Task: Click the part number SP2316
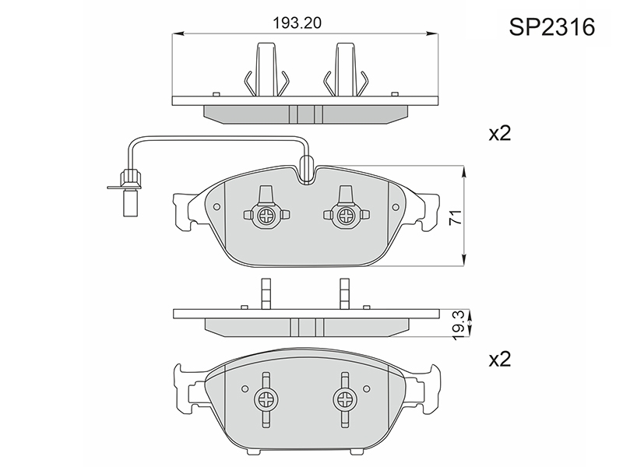pyautogui.click(x=552, y=27)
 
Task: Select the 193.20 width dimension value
pyautogui.click(x=297, y=23)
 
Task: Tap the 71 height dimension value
pyautogui.click(x=456, y=217)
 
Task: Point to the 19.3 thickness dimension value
pyautogui.click(x=459, y=325)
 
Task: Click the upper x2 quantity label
pyautogui.click(x=499, y=134)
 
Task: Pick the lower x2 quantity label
pyautogui.click(x=499, y=359)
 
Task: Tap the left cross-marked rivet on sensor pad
pyautogui.click(x=266, y=216)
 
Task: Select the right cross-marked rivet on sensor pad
pyautogui.click(x=344, y=216)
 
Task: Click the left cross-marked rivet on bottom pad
pyautogui.click(x=266, y=399)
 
